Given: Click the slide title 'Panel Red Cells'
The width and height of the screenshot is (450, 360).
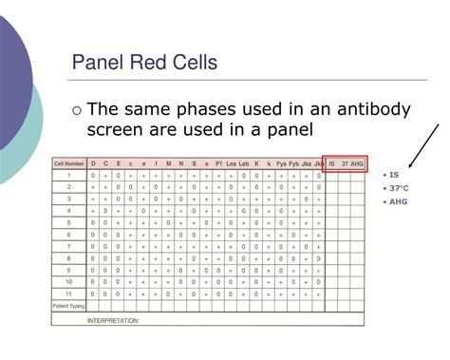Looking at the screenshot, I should click(144, 66).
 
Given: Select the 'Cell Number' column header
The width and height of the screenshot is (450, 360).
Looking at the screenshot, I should click(69, 163).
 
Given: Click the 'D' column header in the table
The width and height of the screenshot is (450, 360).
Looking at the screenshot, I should click(93, 163).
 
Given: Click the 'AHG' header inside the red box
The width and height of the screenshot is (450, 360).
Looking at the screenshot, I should click(357, 163).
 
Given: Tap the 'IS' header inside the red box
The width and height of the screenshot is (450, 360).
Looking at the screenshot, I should click(331, 163).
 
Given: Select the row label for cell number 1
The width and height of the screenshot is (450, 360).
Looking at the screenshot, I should click(69, 176).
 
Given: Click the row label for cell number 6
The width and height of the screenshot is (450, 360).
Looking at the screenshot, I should click(69, 235).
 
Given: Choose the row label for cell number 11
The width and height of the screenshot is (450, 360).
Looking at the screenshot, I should click(69, 294).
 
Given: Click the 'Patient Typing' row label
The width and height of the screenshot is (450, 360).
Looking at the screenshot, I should click(69, 306).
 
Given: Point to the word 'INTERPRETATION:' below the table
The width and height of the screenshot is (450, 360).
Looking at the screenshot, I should click(113, 320).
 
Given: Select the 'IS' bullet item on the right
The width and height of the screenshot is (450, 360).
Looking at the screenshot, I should click(394, 175).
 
